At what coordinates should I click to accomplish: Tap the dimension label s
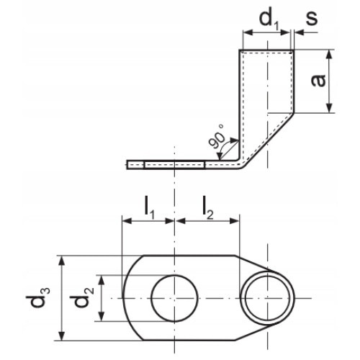pyautogui.click(x=311, y=17)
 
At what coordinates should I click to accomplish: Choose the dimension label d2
pyautogui.click(x=85, y=298)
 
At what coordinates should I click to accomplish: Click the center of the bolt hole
pyautogui.click(x=175, y=298)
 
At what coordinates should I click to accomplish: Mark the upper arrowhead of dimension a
pyautogui.click(x=328, y=53)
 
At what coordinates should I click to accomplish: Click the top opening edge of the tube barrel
pyautogui.click(x=266, y=49)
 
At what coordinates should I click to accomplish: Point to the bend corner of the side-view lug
pyautogui.click(x=243, y=164)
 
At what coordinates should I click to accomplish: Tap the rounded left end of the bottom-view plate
pyautogui.click(x=124, y=298)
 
